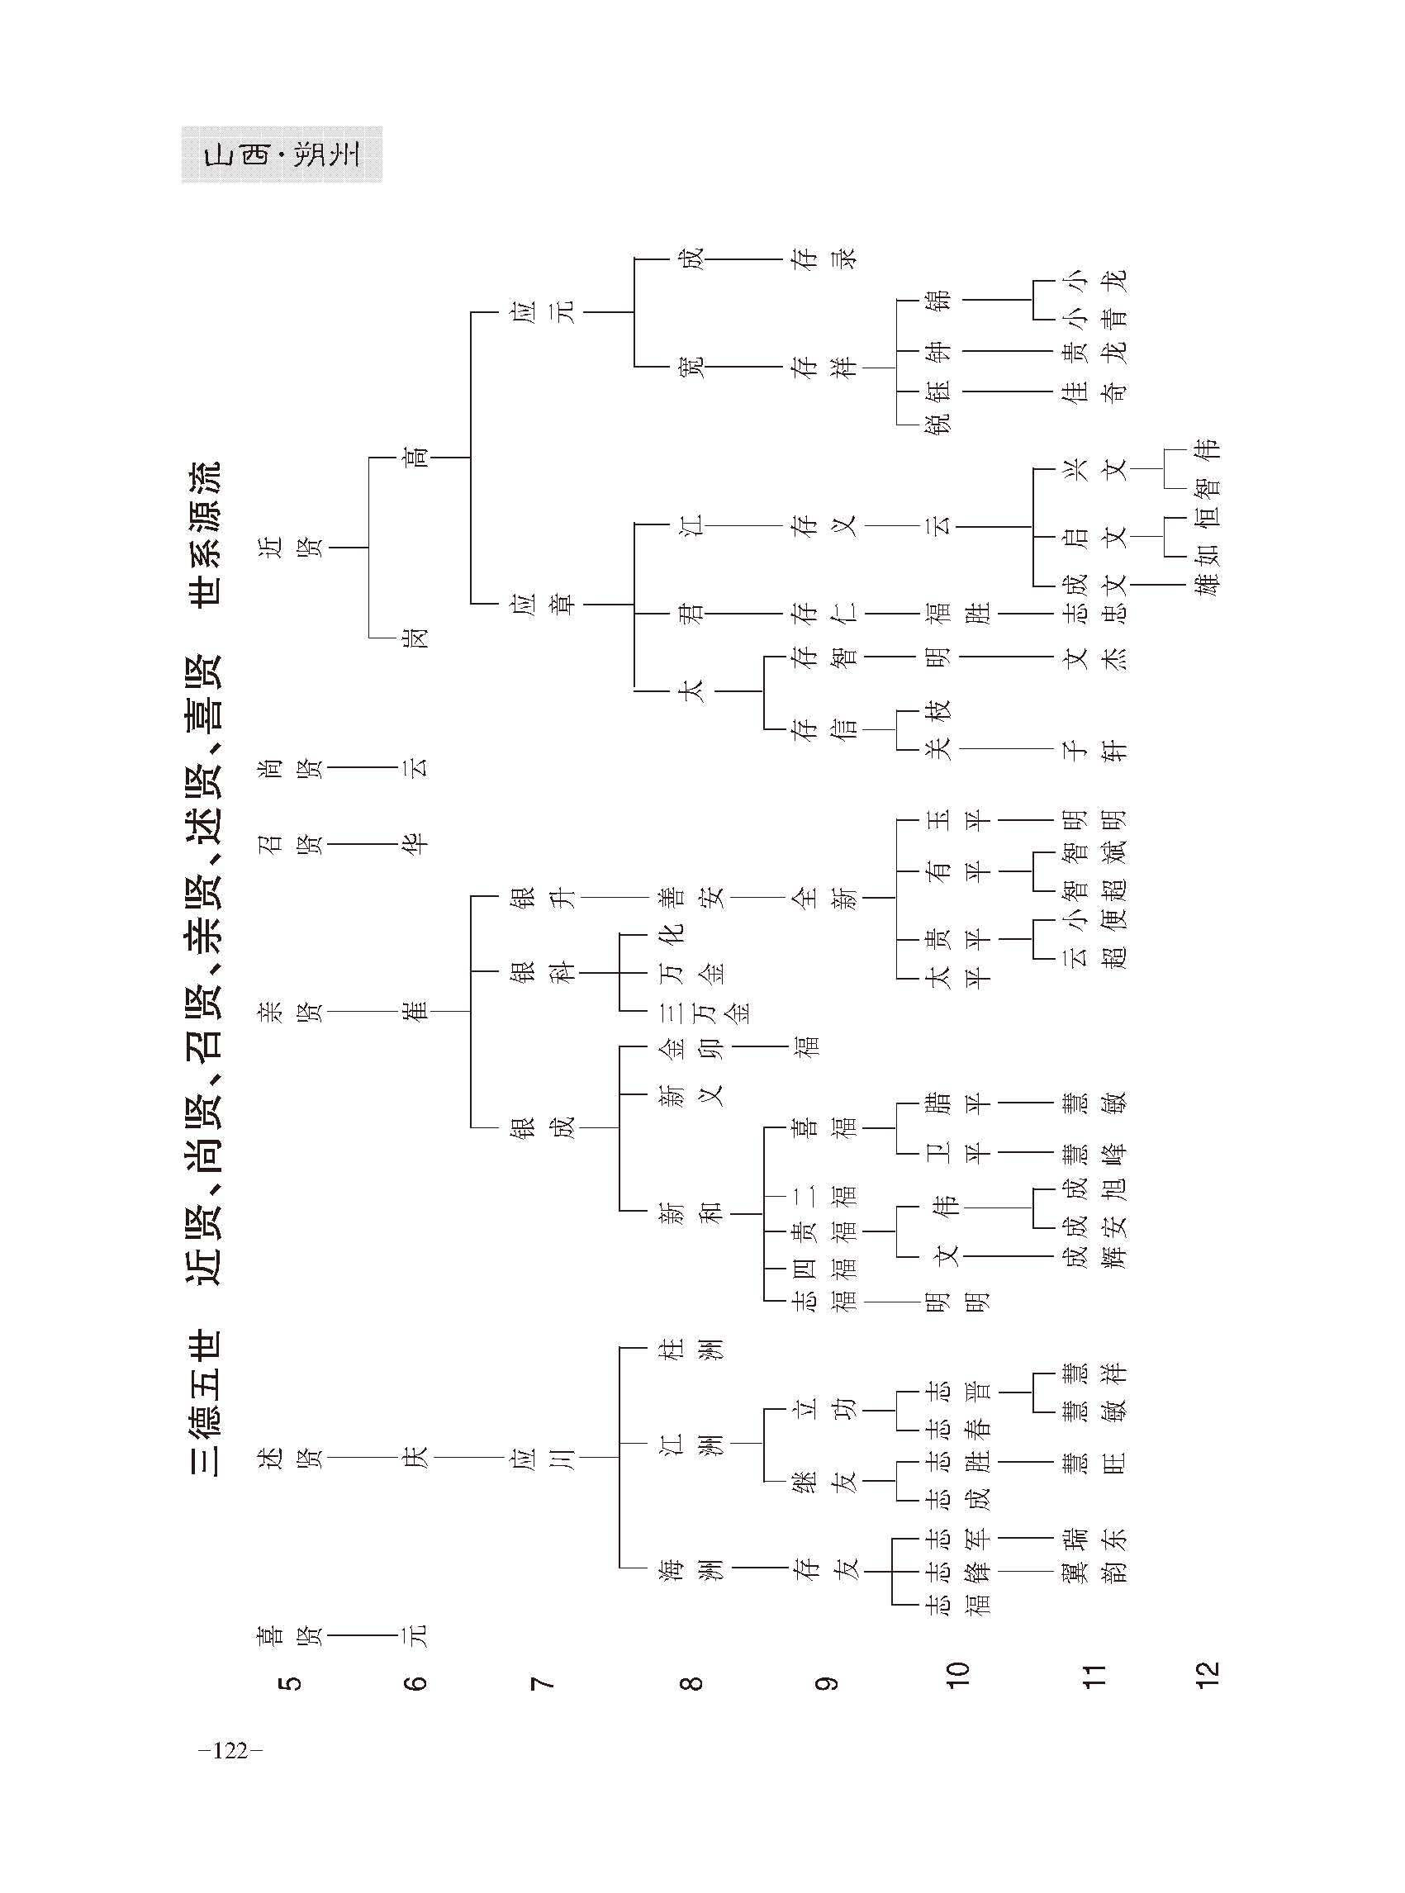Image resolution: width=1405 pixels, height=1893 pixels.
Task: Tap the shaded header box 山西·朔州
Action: pyautogui.click(x=282, y=154)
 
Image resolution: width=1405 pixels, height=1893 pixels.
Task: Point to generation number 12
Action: pyautogui.click(x=1207, y=1672)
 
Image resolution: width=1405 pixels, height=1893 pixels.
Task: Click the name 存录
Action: pyautogui.click(x=825, y=258)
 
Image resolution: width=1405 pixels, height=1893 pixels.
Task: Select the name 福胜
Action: pyautogui.click(x=956, y=612)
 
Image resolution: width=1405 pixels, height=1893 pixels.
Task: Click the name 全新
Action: pyautogui.click(x=825, y=897)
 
